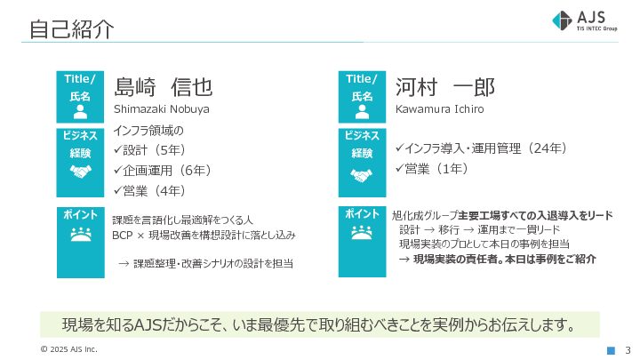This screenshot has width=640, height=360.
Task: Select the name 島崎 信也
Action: pyautogui.click(x=164, y=87)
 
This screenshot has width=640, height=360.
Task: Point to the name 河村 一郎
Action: pyautogui.click(x=444, y=87)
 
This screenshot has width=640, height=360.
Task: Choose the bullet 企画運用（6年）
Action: pyautogui.click(x=162, y=170)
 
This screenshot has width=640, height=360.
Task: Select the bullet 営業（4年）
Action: pyautogui.click(x=149, y=190)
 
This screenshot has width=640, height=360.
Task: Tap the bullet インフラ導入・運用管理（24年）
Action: pyautogui.click(x=481, y=148)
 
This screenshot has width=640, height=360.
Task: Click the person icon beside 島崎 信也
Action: pyautogui.click(x=80, y=112)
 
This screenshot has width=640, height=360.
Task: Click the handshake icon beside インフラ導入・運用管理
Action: pyautogui.click(x=361, y=175)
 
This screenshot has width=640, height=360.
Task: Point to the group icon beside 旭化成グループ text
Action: pyautogui.click(x=361, y=233)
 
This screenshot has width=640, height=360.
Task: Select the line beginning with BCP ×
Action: pyautogui.click(x=204, y=236)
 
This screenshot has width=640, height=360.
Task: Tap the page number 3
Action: pyautogui.click(x=628, y=349)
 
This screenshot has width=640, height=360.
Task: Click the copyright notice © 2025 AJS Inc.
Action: pyautogui.click(x=68, y=349)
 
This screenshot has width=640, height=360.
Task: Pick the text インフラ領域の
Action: pyautogui.click(x=148, y=131)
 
